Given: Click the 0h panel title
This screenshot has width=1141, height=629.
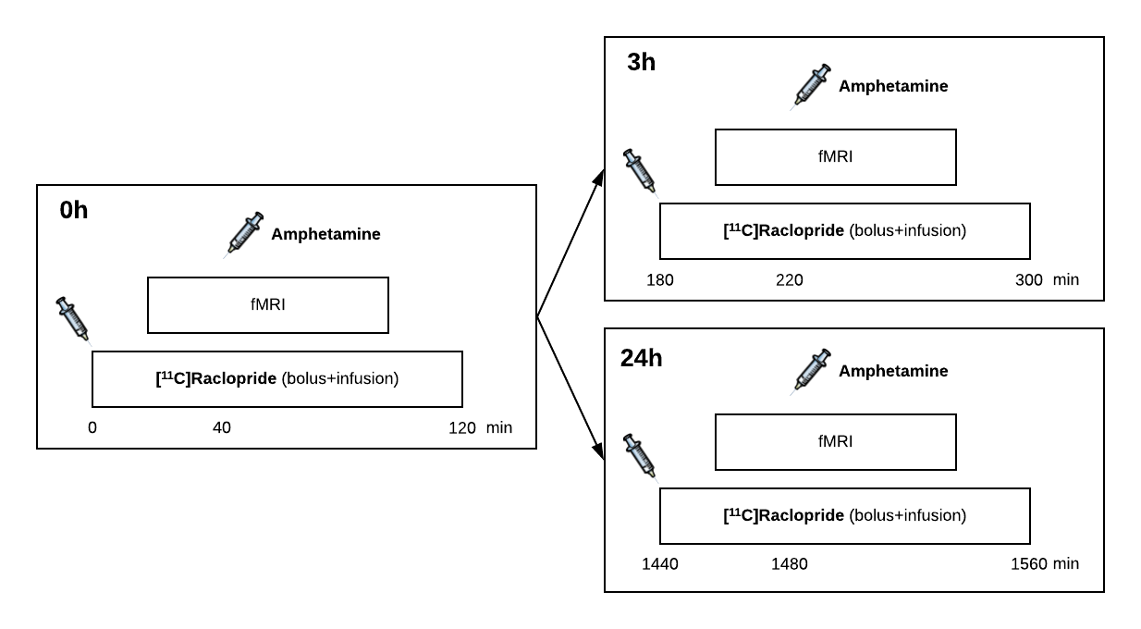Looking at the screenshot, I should click(74, 211).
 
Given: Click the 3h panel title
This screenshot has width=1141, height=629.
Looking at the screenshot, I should click(641, 63).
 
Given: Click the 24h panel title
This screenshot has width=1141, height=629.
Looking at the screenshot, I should click(641, 358).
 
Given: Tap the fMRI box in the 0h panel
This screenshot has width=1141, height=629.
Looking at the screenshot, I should click(268, 304).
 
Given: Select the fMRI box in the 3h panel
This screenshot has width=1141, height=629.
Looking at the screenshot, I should click(835, 156).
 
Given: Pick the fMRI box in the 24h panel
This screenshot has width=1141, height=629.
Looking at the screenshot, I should click(835, 441).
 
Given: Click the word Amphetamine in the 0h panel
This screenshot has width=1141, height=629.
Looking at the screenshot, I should click(325, 235).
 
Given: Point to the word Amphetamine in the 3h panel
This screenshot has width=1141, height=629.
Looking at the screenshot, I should click(893, 87).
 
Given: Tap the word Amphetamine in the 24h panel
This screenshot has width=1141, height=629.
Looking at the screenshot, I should click(893, 372).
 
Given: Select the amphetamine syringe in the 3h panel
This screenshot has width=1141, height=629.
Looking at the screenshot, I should click(812, 86).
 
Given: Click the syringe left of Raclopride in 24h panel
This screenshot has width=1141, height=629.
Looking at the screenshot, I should click(639, 457).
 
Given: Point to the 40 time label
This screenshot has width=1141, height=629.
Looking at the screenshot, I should click(222, 428).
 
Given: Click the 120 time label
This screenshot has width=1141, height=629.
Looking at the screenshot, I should click(462, 428).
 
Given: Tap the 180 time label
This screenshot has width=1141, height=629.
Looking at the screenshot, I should click(660, 280).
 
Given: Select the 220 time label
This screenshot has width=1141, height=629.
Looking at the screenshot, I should click(790, 280).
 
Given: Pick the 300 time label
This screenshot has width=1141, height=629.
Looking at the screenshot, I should click(1029, 280).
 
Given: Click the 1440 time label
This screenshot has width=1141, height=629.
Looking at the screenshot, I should click(660, 564).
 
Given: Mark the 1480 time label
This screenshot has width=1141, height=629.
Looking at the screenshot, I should click(790, 564).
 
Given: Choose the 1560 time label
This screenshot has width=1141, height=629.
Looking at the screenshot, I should click(1029, 564).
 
